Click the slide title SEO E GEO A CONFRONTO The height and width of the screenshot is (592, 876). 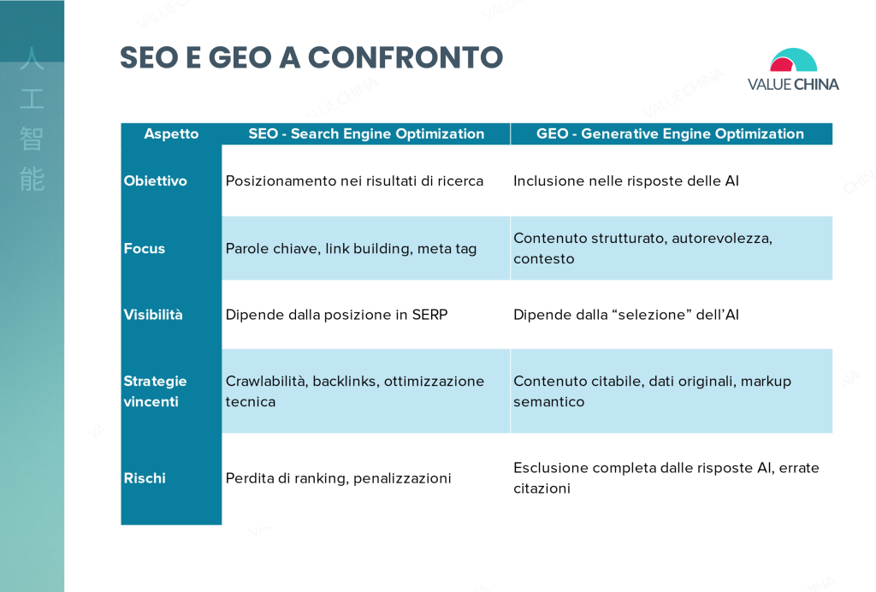coord(311,57)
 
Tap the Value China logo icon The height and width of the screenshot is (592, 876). coord(793,60)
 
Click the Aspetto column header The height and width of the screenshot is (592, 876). coord(171,133)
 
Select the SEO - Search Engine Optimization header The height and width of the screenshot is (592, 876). coord(366,133)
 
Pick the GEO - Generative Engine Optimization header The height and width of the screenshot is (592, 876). coord(671,133)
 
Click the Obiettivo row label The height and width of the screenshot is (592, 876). coord(156,181)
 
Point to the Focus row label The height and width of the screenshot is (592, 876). coord(144,248)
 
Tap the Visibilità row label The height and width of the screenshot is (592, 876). coord(153,315)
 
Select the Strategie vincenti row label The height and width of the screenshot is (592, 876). coord(156,391)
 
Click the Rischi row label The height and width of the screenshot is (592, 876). coord(145,478)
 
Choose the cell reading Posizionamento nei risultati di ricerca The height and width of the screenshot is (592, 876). coord(354,181)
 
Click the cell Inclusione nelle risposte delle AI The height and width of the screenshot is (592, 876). coord(626,181)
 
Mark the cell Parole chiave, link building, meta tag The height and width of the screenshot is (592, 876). coord(351,249)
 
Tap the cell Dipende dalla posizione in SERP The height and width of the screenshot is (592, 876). coord(336,315)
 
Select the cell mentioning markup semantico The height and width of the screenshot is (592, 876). coord(653,391)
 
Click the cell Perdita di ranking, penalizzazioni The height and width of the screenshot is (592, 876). coord(338,478)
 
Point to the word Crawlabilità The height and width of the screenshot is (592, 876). coord(266,381)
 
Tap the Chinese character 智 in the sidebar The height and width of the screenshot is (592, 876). coord(32,139)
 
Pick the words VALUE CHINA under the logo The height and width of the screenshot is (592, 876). coord(793,85)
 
